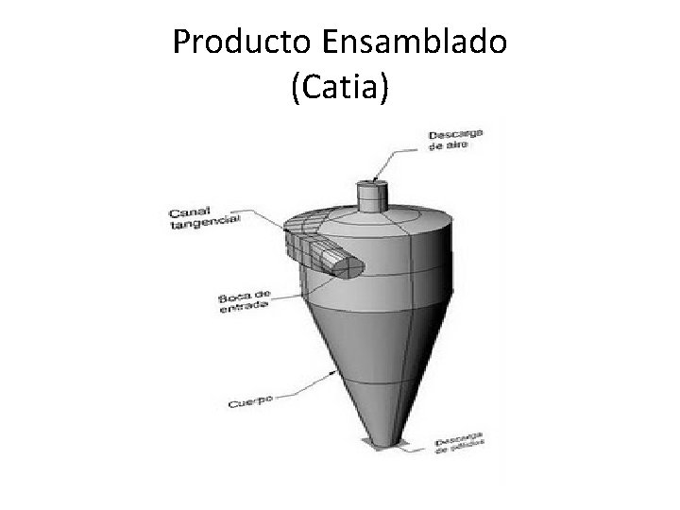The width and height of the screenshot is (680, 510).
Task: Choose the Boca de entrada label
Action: tap(244, 301)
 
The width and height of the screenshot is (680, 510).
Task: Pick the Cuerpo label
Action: tap(250, 401)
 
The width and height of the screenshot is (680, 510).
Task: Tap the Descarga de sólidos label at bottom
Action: tap(460, 444)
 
